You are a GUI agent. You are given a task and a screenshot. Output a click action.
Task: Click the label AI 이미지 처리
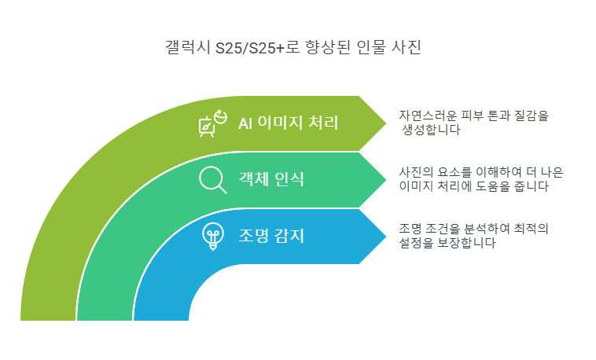(288, 123)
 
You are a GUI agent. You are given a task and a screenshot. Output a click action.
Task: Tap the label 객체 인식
(271, 179)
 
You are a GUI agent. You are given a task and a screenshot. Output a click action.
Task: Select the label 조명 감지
(271, 235)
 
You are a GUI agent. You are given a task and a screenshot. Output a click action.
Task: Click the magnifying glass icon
(212, 180)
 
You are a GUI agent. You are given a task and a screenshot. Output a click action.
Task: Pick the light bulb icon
(212, 236)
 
